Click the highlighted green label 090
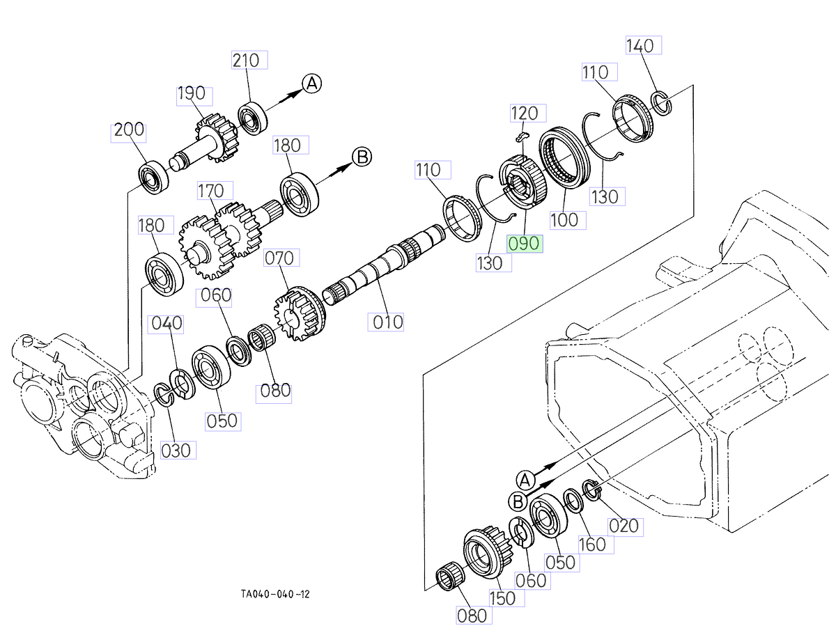(525, 244)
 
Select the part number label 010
(387, 322)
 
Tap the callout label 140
(640, 45)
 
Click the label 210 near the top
(249, 60)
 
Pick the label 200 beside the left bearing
(129, 130)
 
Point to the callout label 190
(191, 94)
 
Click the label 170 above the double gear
(210, 190)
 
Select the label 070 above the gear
(279, 258)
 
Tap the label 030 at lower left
(175, 451)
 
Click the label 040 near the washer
(167, 323)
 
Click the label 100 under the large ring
(564, 220)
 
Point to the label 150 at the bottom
(502, 598)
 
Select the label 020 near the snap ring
(623, 526)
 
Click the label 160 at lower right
(593, 544)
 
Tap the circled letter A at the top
(311, 84)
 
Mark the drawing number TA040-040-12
(275, 594)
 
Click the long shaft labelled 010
(376, 268)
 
